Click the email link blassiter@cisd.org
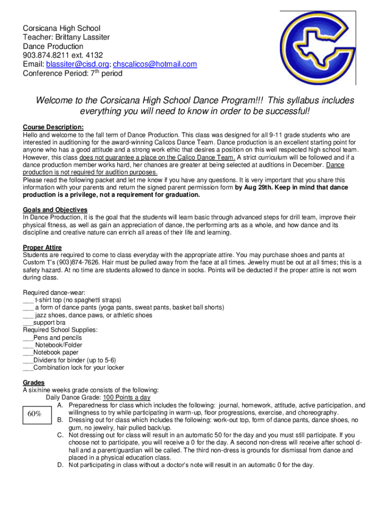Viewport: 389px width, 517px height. point(78,64)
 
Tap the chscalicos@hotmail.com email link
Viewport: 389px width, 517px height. point(155,64)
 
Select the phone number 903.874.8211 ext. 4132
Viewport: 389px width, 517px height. point(70,55)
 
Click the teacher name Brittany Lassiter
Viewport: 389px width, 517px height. point(81,37)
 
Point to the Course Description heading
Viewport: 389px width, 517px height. point(53,127)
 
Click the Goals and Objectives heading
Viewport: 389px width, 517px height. point(55,210)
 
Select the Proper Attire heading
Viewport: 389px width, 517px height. point(42,247)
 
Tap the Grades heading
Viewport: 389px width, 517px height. point(34,382)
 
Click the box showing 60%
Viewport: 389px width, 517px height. point(34,414)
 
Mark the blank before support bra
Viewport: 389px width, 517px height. point(28,323)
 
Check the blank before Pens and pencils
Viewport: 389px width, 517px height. point(28,338)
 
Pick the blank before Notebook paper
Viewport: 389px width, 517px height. point(28,352)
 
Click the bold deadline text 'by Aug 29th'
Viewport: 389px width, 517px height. point(253,187)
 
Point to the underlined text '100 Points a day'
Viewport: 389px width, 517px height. point(126,397)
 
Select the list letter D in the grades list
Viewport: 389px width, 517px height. point(60,465)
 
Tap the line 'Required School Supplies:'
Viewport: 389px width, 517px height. point(60,330)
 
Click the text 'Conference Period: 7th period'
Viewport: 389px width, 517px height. point(72,73)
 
